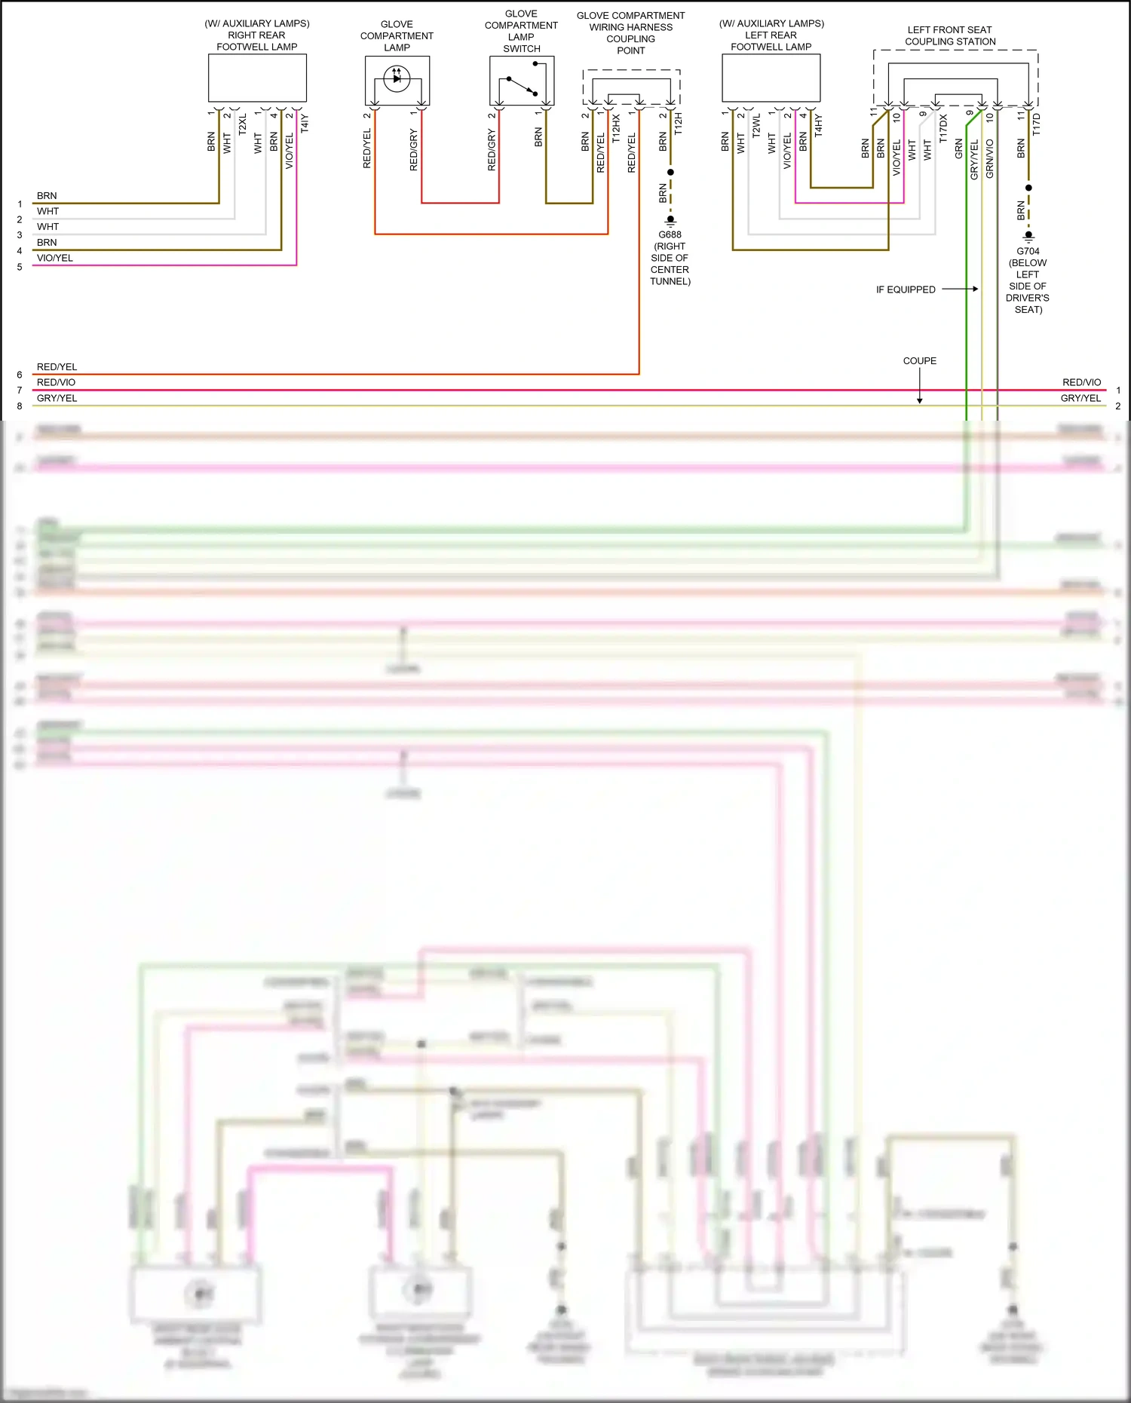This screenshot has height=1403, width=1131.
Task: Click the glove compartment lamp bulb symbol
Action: click(x=397, y=78)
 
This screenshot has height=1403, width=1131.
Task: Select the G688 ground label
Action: click(x=670, y=234)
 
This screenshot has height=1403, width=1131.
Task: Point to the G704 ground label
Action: click(x=1028, y=251)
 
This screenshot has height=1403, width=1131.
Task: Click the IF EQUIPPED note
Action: click(x=906, y=289)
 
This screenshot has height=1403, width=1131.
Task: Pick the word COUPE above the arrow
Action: click(x=920, y=361)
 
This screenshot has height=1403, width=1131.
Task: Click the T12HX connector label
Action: click(x=616, y=128)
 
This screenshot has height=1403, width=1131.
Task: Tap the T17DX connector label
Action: click(x=943, y=128)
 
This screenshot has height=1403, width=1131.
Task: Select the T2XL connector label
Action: click(x=243, y=124)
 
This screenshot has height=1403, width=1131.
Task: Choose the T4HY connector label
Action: click(x=819, y=124)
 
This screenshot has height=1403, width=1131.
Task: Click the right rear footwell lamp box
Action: click(x=257, y=78)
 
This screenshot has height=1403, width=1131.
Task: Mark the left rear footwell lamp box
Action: click(x=771, y=78)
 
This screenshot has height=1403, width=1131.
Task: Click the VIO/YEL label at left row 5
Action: click(x=55, y=258)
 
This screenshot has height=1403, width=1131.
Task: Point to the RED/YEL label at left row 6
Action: click(x=57, y=367)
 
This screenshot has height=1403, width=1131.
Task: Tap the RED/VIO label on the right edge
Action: click(x=1081, y=382)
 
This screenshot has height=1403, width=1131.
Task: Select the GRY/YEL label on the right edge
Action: click(x=1080, y=398)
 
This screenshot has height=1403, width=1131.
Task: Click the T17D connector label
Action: click(x=1037, y=124)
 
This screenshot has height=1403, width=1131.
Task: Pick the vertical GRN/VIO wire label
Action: click(x=990, y=158)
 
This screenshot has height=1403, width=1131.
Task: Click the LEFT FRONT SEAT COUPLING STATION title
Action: click(x=950, y=35)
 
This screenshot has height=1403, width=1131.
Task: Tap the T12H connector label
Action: click(x=679, y=124)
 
